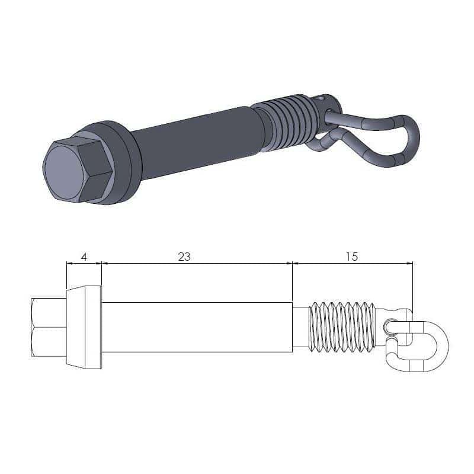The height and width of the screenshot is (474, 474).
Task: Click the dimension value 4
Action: pos(84,257)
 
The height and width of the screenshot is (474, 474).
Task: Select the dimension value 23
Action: pos(184,257)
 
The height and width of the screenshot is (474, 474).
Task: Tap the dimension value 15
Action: pos(352,257)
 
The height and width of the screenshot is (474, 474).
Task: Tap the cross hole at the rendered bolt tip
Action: pos(321,99)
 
